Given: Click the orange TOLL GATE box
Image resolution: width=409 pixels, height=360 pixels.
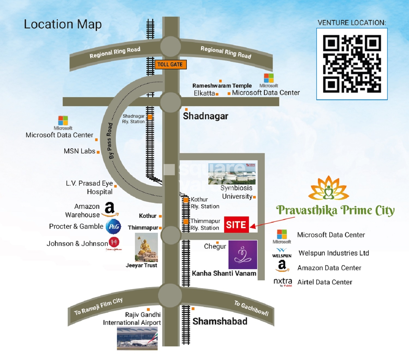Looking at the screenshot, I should [170, 65].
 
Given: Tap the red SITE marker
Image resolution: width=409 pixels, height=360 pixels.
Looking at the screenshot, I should [236, 225].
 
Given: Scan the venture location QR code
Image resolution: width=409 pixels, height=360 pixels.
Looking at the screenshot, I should [352, 64].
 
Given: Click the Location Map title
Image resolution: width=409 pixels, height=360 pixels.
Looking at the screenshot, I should [63, 24].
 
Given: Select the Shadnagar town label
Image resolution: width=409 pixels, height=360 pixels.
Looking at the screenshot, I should [205, 116].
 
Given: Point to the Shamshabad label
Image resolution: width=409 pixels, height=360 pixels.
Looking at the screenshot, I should [220, 322].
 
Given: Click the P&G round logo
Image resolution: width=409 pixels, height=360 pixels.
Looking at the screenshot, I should [113, 227].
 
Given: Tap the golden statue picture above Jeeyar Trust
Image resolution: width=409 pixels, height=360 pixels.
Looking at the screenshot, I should [146, 247].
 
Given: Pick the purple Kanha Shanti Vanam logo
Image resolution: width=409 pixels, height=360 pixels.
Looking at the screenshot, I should [243, 255].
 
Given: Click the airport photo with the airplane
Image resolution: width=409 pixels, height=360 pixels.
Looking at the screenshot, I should [137, 338].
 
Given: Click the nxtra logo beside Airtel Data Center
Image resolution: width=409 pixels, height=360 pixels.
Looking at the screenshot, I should [283, 282].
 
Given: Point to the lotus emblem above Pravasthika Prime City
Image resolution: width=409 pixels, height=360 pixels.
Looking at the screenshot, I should [329, 188].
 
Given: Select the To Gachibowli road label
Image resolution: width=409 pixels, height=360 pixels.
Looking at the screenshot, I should [251, 308].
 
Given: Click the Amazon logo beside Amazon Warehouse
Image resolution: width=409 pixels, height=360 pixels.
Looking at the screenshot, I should [110, 210].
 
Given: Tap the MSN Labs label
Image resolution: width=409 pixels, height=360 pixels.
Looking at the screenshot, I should [79, 151].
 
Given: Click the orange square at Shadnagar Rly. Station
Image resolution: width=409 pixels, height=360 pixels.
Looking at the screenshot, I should [150, 117].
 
